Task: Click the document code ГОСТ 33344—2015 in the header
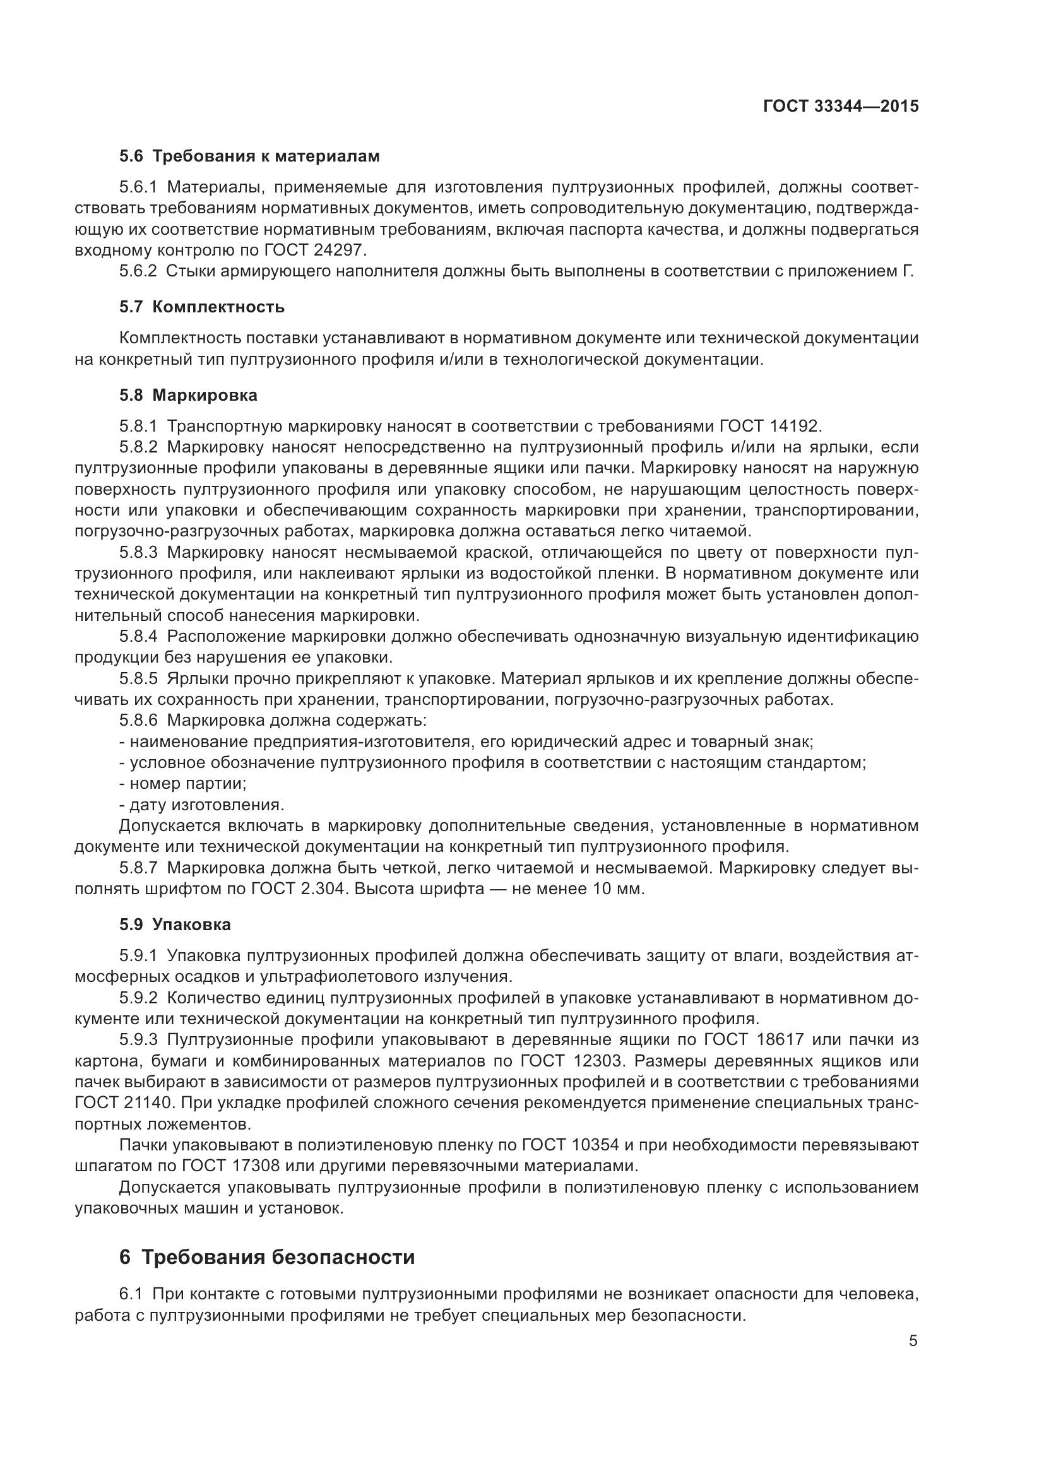coord(841,107)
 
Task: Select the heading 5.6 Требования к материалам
coord(249,156)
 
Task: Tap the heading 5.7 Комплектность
coord(202,307)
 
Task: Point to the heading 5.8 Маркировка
coord(188,396)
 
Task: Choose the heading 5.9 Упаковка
coord(175,925)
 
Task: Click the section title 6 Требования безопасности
coord(267,1257)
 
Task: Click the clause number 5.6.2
coord(138,271)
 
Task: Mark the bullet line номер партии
coord(184,784)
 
